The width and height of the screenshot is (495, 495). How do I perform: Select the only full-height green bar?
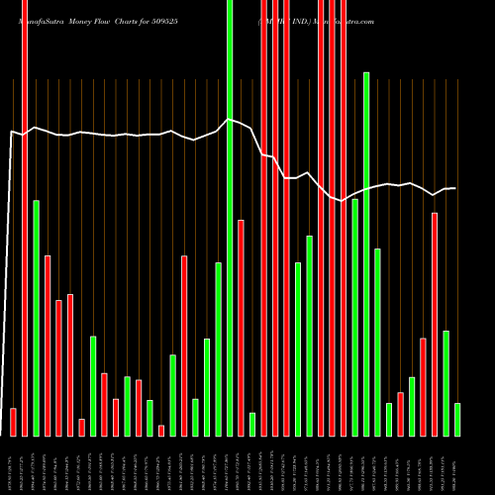[x=230, y=218]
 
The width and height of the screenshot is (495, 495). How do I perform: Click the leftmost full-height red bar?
[x=25, y=218]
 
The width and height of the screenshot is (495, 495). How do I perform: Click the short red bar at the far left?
[x=13, y=422]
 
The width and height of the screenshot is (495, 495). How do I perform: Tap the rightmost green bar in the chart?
[x=457, y=419]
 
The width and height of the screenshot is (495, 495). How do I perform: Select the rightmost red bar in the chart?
[x=435, y=324]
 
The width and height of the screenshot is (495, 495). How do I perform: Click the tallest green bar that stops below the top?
[x=366, y=253]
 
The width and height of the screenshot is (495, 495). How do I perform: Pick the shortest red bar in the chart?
[x=161, y=431]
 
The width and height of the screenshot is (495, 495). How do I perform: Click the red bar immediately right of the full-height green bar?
[x=241, y=327]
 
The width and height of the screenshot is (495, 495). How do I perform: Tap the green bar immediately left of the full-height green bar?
[x=218, y=348]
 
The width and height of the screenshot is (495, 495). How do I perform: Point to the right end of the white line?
[x=455, y=188]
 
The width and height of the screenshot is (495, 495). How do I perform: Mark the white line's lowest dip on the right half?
[x=342, y=201]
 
